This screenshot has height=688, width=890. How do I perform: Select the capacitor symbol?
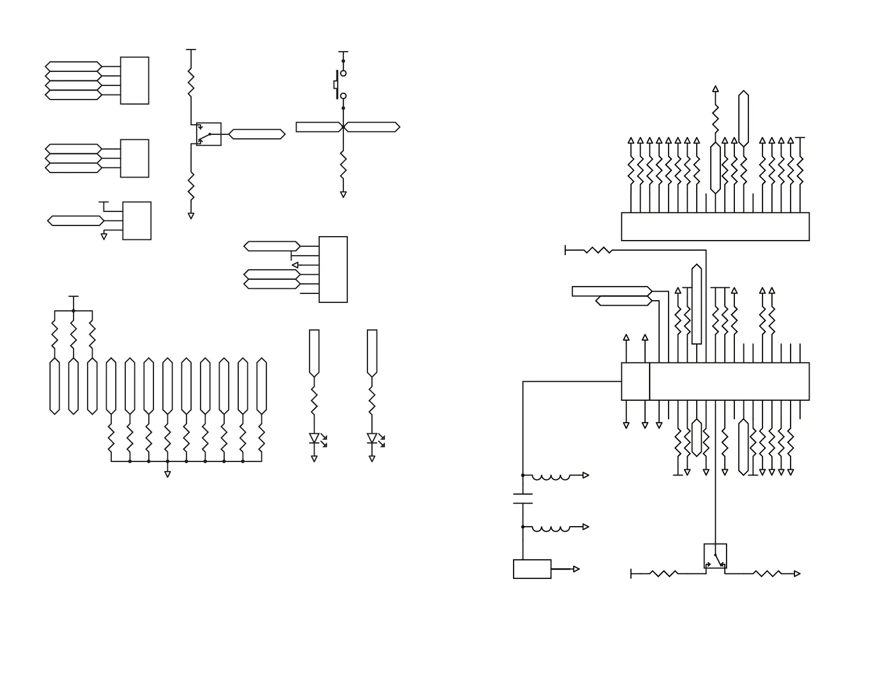coord(523,499)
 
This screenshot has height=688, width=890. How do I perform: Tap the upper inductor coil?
coord(551,477)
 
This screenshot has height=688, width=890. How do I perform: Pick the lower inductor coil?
coord(551,529)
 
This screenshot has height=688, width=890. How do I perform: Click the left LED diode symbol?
coord(314,438)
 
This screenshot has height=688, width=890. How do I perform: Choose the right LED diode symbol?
coord(372,438)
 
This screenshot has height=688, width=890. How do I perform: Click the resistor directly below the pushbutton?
coord(343,165)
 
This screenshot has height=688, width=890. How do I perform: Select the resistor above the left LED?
coord(314,402)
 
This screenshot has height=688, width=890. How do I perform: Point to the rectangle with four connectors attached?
coord(134,80)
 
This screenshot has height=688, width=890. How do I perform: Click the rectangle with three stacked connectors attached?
coord(134,159)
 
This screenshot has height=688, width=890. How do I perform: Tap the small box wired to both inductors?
coord(532,569)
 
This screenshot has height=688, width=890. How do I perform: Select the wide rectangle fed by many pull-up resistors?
coord(715,227)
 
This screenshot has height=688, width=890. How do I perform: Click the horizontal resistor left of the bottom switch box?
coord(664,574)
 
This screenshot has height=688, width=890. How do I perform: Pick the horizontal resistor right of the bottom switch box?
coord(767,574)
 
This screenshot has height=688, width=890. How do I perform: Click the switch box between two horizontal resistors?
coord(715,556)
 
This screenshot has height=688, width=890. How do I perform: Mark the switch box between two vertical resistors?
coord(208,134)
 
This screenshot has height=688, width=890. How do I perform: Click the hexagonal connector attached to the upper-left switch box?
coord(257,134)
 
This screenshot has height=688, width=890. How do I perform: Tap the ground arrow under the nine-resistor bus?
coord(167,474)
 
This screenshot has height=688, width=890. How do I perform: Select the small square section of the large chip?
coord(635,382)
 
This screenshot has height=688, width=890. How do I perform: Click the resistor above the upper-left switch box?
coord(191,83)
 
